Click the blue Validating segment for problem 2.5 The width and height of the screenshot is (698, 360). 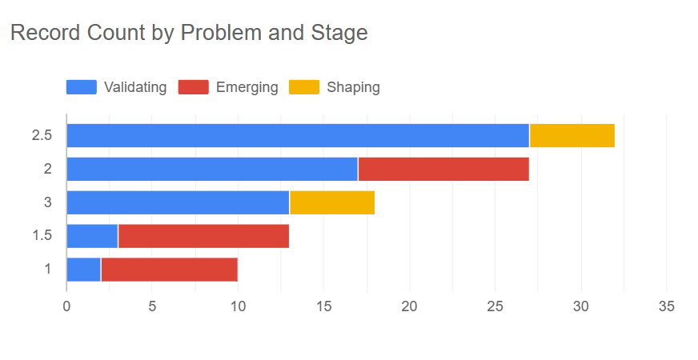click(298, 135)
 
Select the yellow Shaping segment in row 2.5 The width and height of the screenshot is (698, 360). click(572, 135)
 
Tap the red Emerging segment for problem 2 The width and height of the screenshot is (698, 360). click(443, 169)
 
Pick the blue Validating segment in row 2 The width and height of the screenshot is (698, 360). click(212, 169)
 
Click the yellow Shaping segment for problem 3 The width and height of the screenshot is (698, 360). click(332, 202)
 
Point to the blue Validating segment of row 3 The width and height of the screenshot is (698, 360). click(178, 202)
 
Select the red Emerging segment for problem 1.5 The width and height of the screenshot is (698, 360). click(203, 236)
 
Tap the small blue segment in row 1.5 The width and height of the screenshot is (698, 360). click(92, 236)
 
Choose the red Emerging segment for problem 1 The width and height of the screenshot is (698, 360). click(169, 270)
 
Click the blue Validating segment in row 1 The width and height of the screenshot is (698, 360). click(83, 270)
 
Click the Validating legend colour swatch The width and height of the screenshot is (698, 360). click(81, 87)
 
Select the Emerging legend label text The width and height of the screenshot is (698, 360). click(247, 87)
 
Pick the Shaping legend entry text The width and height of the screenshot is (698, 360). click(353, 87)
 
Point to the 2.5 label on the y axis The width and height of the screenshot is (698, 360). click(42, 135)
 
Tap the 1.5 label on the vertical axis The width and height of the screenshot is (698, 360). click(42, 236)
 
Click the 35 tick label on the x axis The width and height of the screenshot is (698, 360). click(667, 306)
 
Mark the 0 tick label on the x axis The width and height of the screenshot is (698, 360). click(67, 306)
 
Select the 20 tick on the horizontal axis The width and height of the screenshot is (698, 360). click(410, 306)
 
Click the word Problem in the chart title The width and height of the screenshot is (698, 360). click(215, 34)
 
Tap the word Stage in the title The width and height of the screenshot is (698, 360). click(339, 34)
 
